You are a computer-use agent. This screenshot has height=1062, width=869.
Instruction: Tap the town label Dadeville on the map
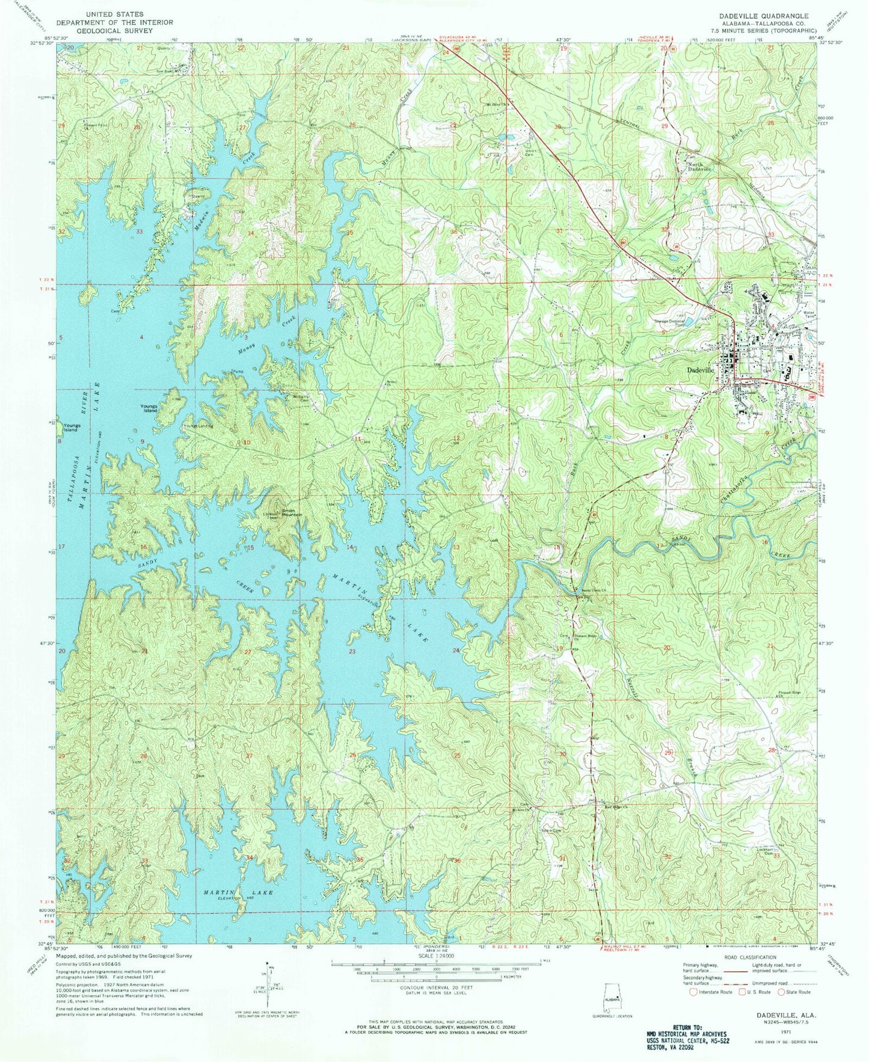pyautogui.click(x=699, y=371)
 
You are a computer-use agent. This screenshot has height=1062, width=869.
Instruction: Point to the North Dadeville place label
pyautogui.click(x=699, y=166)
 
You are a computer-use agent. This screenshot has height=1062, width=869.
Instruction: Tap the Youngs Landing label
pyautogui.click(x=198, y=426)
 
